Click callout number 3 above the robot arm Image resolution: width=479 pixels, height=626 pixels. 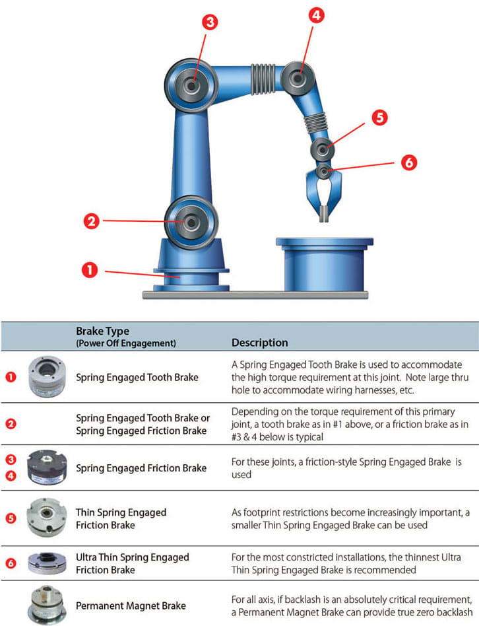coord(210,22)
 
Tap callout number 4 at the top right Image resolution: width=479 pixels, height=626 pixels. coord(316,15)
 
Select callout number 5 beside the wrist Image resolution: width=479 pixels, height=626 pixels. coord(379,118)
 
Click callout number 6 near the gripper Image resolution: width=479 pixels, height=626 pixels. coord(409,162)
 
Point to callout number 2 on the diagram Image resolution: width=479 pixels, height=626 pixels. coord(91,221)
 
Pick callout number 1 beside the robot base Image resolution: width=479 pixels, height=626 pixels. coord(90,270)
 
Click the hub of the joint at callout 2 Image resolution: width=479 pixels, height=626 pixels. coord(191,223)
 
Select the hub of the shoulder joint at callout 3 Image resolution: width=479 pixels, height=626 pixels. coord(191,85)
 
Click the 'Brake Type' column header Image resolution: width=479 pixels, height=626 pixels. coord(102,331)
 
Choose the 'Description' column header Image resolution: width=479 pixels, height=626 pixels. coord(260,343)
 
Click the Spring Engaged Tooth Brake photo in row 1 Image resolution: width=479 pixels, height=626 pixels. coord(47,377)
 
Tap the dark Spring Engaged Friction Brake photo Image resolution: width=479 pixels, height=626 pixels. coord(47,468)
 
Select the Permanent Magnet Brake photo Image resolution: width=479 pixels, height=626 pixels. coord(47,605)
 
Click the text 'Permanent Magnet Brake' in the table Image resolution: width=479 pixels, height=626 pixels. coord(131,606)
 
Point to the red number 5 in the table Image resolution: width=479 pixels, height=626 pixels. coord(11,518)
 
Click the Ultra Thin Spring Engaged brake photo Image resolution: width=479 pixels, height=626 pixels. coord(47,563)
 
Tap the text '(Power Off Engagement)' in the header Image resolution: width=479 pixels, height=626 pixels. coord(126,343)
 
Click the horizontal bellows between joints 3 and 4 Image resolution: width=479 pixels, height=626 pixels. coord(263,79)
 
